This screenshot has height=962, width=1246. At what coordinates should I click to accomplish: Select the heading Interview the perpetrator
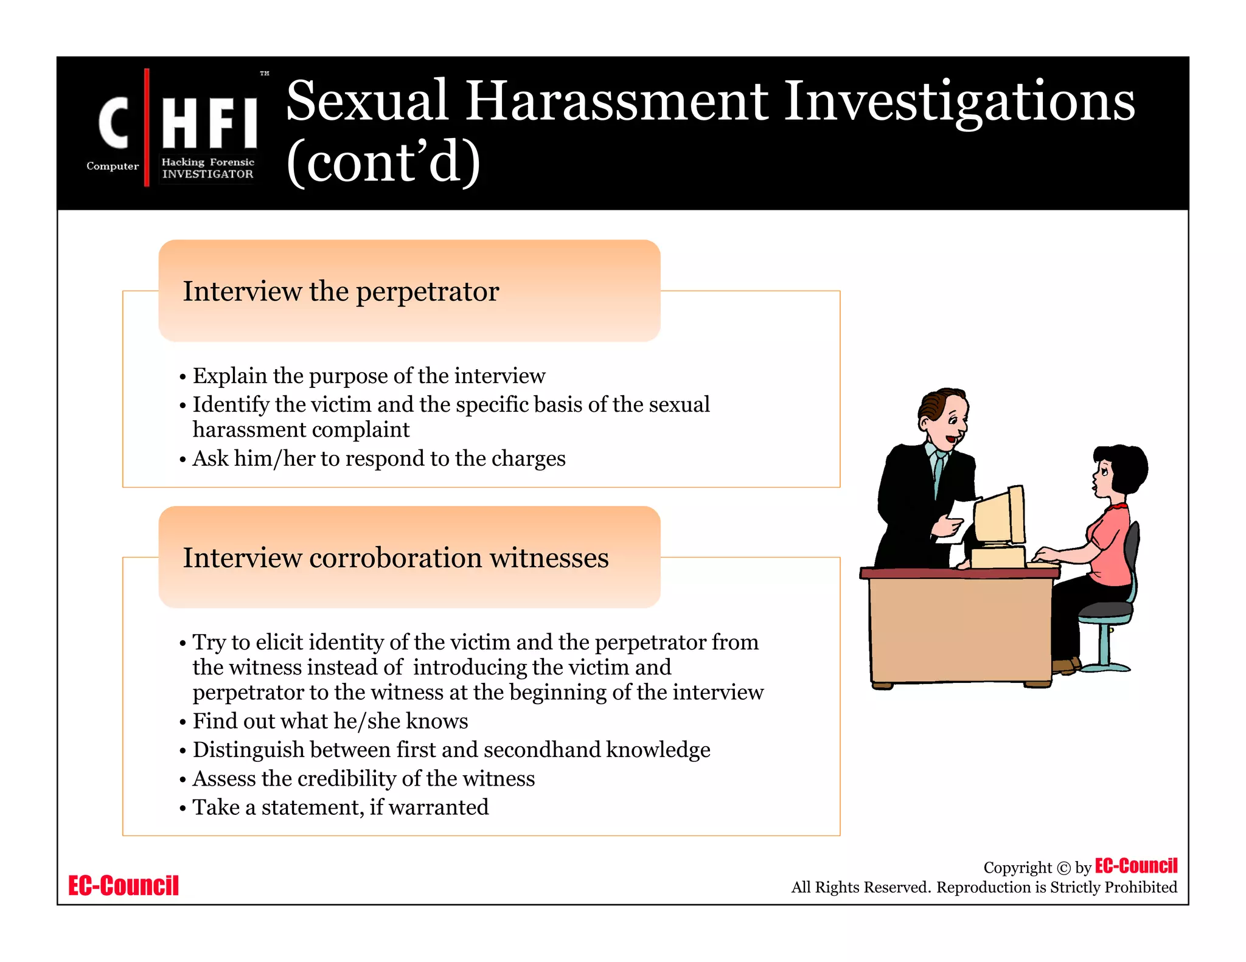[341, 291]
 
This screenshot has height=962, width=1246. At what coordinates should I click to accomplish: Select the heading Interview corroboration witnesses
[395, 558]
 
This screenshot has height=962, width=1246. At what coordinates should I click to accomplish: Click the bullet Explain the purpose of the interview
[369, 376]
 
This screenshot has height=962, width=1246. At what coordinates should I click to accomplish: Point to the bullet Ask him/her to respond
[378, 459]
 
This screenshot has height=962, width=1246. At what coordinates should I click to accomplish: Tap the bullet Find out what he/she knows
[330, 721]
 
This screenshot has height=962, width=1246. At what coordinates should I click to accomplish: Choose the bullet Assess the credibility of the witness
[363, 779]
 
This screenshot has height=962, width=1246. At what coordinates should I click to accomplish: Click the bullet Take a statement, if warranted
[340, 808]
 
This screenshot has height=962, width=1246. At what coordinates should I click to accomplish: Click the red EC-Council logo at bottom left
[124, 885]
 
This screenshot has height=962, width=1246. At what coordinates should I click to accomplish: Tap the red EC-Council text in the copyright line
[1136, 865]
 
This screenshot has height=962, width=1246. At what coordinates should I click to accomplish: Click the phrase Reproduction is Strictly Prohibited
[1056, 887]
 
